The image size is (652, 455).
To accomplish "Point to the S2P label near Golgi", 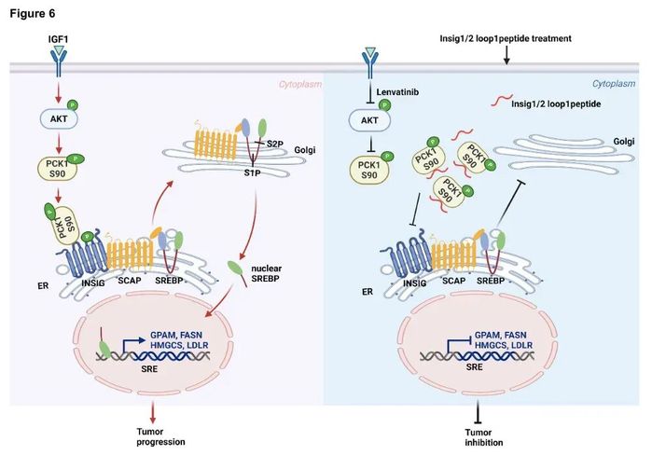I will (274, 143).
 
